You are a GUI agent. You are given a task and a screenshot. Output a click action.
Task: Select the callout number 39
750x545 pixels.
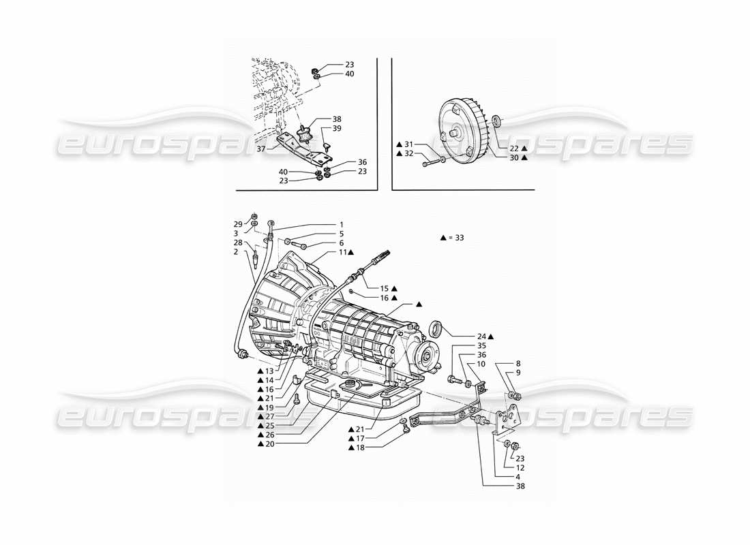tap(337, 129)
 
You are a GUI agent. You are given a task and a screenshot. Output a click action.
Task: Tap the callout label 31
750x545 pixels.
tap(408, 144)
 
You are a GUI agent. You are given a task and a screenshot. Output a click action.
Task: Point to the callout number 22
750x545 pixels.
tap(514, 148)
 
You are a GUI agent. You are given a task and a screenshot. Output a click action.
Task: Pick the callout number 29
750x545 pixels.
tap(238, 224)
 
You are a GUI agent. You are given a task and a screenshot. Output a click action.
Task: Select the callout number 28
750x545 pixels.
tap(238, 243)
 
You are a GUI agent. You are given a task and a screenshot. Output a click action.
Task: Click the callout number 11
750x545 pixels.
tap(342, 252)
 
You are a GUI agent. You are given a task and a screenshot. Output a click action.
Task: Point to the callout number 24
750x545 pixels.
tap(482, 337)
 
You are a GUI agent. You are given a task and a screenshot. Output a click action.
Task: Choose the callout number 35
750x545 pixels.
tap(481, 345)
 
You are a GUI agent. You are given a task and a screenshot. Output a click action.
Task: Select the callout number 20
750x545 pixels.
tap(271, 443)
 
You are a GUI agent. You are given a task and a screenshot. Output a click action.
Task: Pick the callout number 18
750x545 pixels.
tap(361, 448)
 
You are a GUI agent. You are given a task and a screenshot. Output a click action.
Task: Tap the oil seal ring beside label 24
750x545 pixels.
tap(434, 330)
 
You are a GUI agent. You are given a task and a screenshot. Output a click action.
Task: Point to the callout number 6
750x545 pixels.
tap(342, 243)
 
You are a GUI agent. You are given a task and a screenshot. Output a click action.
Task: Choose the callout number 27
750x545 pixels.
tap(271, 416)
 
